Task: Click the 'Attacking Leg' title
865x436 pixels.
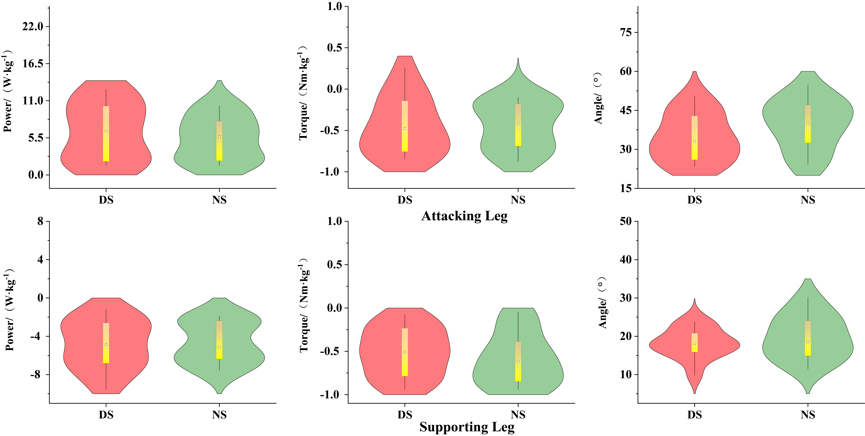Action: click(x=464, y=216)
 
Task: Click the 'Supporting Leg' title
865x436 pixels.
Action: click(x=467, y=427)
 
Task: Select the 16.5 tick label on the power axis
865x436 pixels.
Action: click(x=33, y=63)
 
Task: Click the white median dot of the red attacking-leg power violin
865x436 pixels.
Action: click(x=106, y=131)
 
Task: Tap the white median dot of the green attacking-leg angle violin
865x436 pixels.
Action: click(x=808, y=123)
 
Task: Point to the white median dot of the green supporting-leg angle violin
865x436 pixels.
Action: click(x=808, y=342)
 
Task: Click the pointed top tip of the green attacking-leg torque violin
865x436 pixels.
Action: click(x=518, y=59)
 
